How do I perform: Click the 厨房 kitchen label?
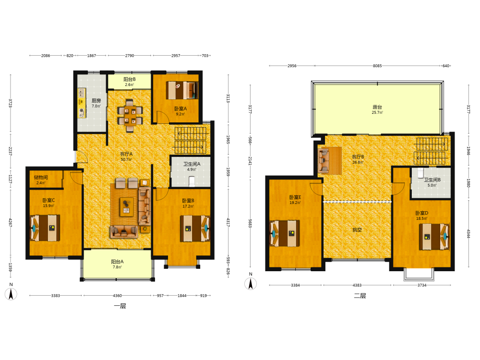[96, 101]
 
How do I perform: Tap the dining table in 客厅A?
[130, 116]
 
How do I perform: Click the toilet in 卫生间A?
[192, 181]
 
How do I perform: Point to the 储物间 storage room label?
[41, 178]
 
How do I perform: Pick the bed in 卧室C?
[45, 228]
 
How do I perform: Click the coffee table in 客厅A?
[126, 207]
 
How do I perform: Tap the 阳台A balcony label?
[117, 262]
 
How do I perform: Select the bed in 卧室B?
[195, 228]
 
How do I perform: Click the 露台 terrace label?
[377, 107]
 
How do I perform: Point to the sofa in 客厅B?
[324, 161]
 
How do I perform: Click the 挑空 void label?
[357, 230]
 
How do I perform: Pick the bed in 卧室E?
[284, 233]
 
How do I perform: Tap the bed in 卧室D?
[434, 237]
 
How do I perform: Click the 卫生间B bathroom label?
[432, 180]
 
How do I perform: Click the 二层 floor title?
[360, 296]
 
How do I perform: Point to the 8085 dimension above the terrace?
[377, 66]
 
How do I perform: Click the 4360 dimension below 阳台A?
[117, 296]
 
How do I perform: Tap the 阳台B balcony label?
[130, 79]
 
